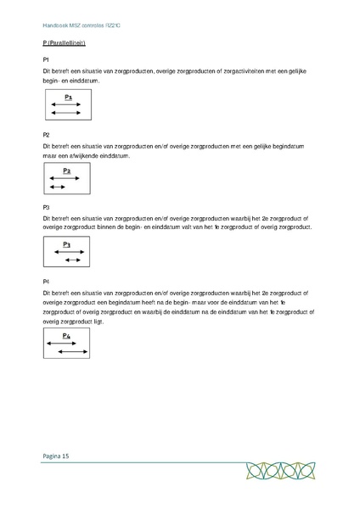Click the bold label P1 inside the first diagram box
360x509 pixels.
click(x=67, y=98)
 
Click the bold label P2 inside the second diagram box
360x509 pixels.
click(x=67, y=171)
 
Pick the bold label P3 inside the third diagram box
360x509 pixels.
click(x=67, y=244)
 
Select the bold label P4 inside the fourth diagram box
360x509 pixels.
click(x=67, y=335)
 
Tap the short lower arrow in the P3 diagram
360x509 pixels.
click(x=72, y=260)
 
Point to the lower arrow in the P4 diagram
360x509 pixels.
click(x=74, y=351)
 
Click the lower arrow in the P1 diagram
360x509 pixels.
click(x=65, y=113)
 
